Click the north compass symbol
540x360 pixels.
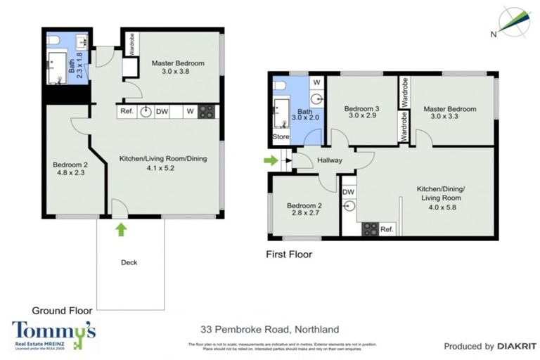click(x=513, y=21)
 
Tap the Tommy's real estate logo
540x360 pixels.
click(x=53, y=334)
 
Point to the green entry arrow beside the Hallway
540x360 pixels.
click(x=271, y=160)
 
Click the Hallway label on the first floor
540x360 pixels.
click(x=329, y=160)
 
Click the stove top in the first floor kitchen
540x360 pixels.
click(x=370, y=229)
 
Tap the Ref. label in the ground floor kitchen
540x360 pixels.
click(x=127, y=111)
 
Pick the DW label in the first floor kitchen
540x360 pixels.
click(x=348, y=191)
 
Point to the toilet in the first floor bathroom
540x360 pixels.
click(x=281, y=85)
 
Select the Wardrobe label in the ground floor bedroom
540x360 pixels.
click(x=131, y=42)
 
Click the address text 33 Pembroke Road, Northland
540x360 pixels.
click(x=269, y=329)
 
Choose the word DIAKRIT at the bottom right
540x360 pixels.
click(x=516, y=346)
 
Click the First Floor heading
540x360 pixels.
click(x=288, y=254)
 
